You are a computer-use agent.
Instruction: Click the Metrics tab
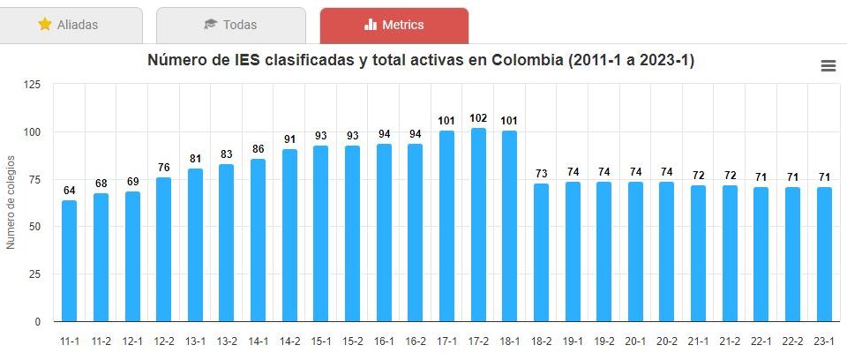tap(394, 25)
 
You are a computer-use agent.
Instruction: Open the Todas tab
tap(230, 25)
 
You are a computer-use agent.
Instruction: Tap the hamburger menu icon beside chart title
tap(828, 66)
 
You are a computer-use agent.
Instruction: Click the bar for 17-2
tap(478, 225)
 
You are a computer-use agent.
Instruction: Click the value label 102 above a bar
tap(478, 118)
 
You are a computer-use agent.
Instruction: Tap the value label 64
tap(70, 191)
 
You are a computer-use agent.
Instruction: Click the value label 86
tap(259, 149)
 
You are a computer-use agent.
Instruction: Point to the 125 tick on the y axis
tap(32, 85)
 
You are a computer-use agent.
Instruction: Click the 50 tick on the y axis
tap(34, 227)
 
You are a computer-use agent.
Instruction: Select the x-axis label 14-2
tap(289, 341)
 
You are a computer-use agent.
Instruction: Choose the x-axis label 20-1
tap(635, 341)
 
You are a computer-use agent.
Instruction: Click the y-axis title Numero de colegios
tap(11, 202)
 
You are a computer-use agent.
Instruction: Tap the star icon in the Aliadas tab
tap(45, 25)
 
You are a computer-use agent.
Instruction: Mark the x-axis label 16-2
tap(416, 341)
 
